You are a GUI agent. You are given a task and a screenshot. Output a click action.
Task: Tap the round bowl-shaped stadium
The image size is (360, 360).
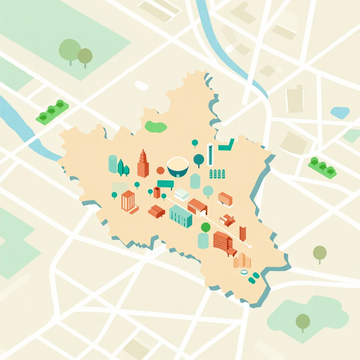(178, 167)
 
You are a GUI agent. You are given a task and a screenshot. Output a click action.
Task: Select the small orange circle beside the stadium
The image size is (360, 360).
(160, 171)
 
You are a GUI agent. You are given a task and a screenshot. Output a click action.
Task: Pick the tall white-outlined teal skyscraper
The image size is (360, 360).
(210, 154)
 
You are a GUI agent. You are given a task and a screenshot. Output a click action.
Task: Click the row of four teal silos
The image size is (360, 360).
(217, 174)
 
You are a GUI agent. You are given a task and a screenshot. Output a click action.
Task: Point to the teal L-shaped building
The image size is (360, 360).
(227, 145)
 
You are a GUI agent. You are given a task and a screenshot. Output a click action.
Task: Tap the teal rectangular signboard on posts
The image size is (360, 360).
(165, 184)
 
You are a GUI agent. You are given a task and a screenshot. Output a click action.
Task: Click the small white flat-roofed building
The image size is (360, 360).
(182, 194)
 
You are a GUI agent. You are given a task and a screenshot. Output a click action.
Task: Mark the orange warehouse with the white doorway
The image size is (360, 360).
(197, 207)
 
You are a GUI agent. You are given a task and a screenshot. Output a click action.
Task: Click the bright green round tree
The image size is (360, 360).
(206, 228)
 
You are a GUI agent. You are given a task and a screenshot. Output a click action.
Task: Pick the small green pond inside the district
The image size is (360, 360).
(156, 127)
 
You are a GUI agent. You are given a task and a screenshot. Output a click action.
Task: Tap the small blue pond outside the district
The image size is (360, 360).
(340, 112)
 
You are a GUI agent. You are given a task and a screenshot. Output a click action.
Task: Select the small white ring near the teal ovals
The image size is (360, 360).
(244, 272)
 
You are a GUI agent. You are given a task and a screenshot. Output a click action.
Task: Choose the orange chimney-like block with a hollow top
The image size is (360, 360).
(157, 192)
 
